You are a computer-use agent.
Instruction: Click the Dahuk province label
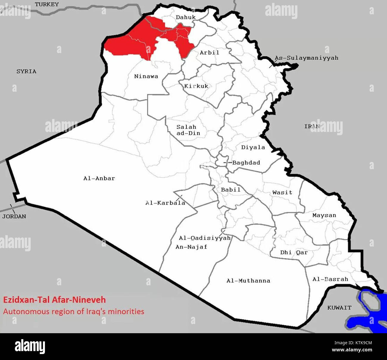(186, 17)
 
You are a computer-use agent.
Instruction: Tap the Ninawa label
(146, 76)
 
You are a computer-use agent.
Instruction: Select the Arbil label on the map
(209, 52)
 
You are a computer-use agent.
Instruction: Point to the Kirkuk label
(196, 86)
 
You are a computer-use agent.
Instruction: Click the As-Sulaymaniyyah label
(306, 58)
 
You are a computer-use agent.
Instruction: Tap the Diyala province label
(253, 147)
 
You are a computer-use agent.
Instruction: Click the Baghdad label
(246, 163)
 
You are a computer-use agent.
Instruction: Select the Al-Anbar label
(99, 178)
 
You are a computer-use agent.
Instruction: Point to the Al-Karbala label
(165, 203)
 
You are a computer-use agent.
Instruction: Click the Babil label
(230, 190)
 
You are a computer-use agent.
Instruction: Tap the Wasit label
(282, 192)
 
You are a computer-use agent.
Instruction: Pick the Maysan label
(324, 215)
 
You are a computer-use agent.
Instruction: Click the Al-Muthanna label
(248, 280)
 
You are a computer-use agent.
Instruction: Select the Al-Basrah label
(330, 279)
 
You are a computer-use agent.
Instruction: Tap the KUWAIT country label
(339, 308)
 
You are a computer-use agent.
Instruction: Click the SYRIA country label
(26, 71)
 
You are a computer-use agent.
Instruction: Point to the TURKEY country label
(47, 4)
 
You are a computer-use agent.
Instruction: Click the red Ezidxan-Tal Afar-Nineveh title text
(54, 300)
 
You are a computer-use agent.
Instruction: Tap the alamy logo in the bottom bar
(30, 347)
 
